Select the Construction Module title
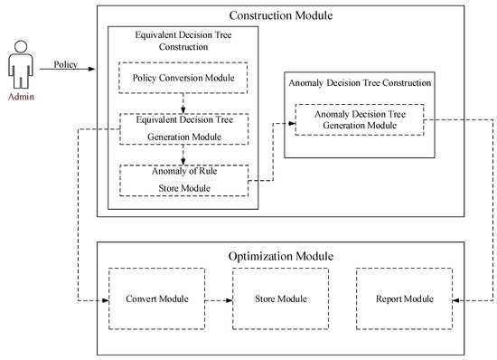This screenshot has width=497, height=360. [x=280, y=15]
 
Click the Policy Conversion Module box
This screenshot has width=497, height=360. [x=183, y=78]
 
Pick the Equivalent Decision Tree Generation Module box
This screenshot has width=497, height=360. [x=183, y=128]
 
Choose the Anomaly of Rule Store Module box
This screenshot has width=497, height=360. [x=183, y=179]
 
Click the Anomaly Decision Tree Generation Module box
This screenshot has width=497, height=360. [x=358, y=120]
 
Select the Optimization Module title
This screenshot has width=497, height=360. [x=280, y=256]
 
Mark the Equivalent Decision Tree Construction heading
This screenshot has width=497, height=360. [x=183, y=41]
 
